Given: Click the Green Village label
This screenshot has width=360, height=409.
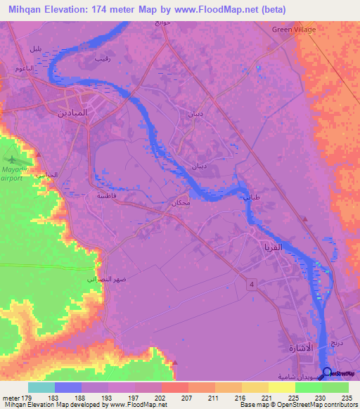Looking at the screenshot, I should [x=294, y=30].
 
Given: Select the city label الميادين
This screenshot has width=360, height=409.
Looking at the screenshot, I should [x=72, y=112].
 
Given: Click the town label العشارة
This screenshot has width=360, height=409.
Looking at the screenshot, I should [x=301, y=349].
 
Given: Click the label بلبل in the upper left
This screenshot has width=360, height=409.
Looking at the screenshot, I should [x=34, y=48].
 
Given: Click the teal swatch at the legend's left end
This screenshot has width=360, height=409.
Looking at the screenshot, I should [x=41, y=387].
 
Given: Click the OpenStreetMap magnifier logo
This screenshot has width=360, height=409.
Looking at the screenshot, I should [x=327, y=372].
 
